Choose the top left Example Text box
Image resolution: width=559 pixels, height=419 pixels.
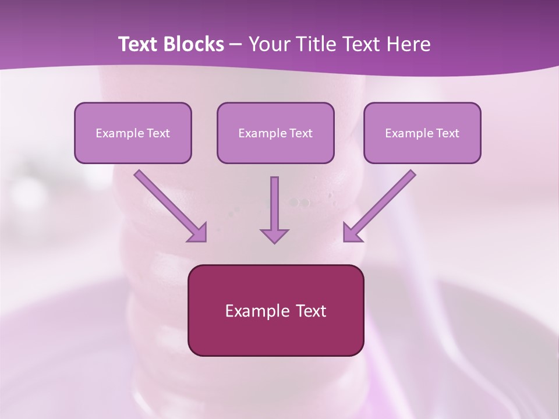tap(133, 133)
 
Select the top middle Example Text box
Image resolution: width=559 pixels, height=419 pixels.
tap(275, 133)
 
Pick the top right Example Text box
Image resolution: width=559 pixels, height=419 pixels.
tap(422, 133)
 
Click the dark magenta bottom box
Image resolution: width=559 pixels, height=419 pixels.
tap(275, 310)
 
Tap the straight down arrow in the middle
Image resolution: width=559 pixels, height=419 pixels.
tap(274, 207)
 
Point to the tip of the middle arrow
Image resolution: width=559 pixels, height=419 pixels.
tap(274, 241)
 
